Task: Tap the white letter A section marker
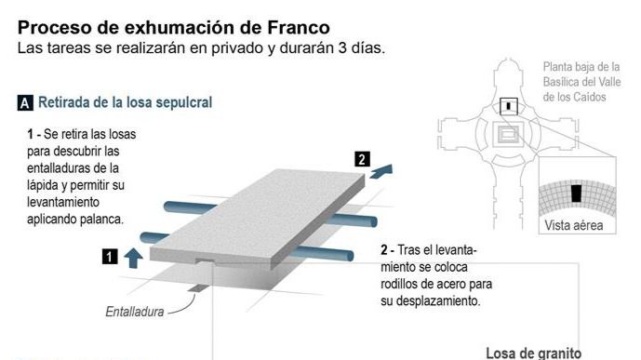coord(25,103)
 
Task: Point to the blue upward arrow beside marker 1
coord(133,258)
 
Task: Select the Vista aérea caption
coord(573,225)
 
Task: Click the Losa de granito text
coord(533,353)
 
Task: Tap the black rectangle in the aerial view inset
coord(576,193)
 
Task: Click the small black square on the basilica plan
coord(507,105)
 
